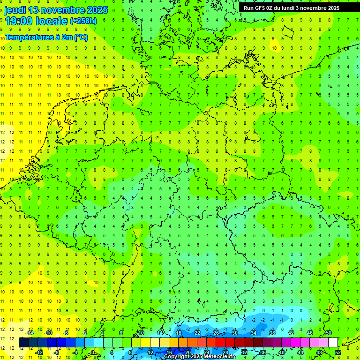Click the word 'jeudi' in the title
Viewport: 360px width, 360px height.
click(x=15, y=10)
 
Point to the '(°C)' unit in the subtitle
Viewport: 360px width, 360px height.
click(x=81, y=37)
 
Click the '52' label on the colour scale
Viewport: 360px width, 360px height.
click(x=338, y=352)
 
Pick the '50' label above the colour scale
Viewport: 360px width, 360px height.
click(x=328, y=333)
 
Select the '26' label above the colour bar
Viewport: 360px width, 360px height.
click(x=216, y=333)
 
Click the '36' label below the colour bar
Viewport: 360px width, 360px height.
click(x=263, y=352)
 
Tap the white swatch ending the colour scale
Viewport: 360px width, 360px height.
click(x=333, y=343)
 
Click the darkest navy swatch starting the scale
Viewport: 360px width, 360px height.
click(x=23, y=343)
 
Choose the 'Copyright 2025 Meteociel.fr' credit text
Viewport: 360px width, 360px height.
click(x=199, y=357)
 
